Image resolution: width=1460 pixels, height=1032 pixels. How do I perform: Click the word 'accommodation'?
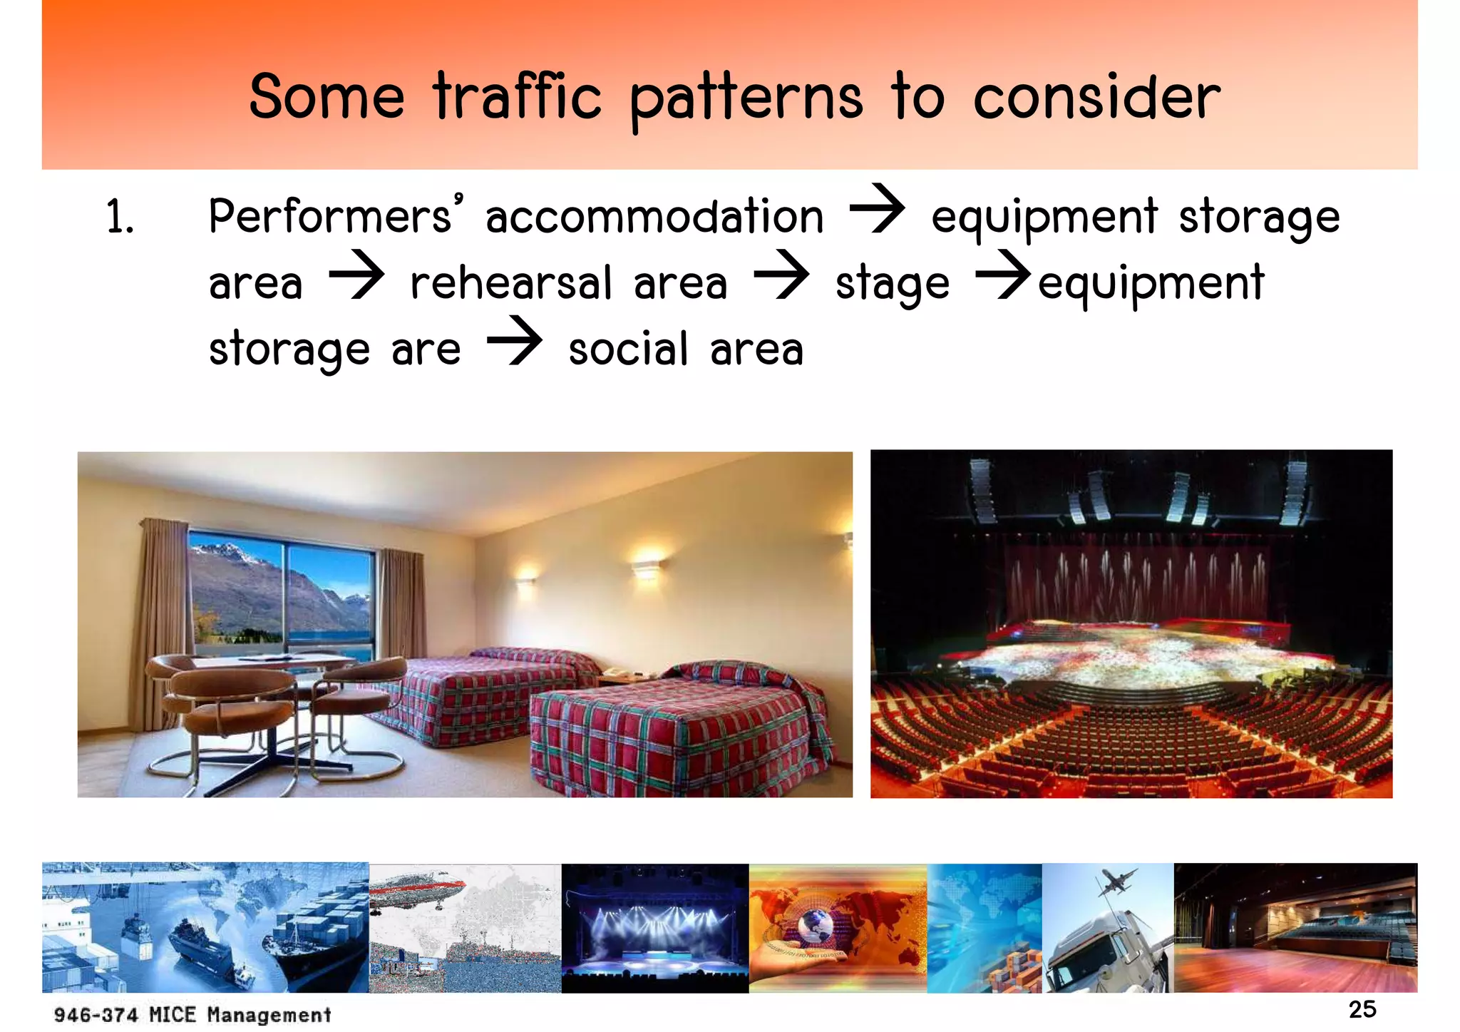point(654,217)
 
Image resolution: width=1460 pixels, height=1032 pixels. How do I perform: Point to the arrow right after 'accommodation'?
point(877,208)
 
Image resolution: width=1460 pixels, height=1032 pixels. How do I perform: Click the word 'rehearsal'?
point(510,282)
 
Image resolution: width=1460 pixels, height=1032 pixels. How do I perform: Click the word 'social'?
point(628,349)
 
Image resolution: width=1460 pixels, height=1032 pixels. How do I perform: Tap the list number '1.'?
point(120,217)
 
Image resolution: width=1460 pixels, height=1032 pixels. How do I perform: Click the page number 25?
point(1362,1009)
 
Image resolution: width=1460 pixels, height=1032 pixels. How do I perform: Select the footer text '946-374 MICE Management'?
point(192,1014)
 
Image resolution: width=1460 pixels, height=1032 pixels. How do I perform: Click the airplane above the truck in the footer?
point(1116,882)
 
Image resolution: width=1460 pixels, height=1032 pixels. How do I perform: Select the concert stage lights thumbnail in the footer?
point(654,927)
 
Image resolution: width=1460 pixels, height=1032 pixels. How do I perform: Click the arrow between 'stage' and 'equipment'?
point(1002,275)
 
